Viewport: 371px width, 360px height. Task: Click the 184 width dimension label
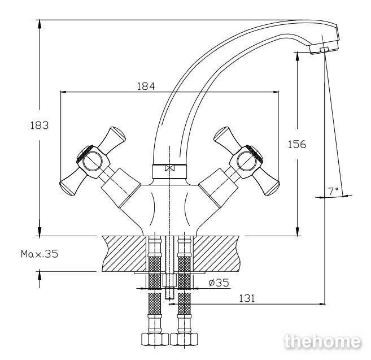[146, 86]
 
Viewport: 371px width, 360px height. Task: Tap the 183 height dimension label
[40, 125]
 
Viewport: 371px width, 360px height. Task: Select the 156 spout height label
[297, 144]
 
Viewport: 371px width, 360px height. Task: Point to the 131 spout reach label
[247, 298]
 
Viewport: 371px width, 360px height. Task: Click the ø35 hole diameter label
[219, 283]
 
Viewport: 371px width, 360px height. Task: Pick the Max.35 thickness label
[40, 254]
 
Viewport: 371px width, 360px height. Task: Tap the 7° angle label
[333, 191]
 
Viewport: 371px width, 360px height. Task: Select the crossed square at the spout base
[169, 168]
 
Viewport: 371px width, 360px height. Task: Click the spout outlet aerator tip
[324, 49]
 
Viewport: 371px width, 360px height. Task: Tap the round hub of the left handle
[92, 161]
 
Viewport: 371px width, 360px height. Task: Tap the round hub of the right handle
[247, 161]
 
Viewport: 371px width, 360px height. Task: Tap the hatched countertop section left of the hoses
[124, 254]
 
